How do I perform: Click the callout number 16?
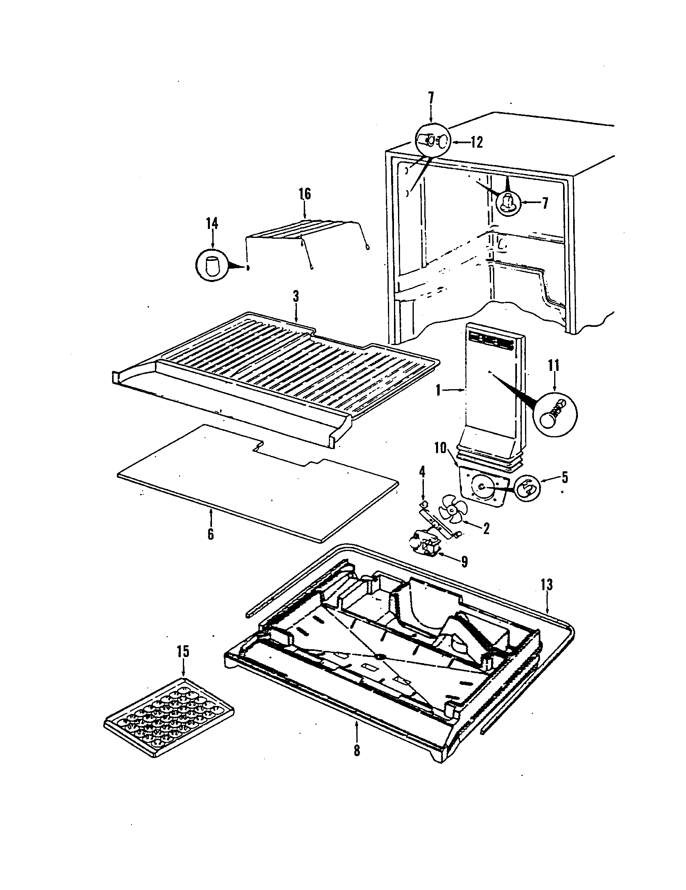304,194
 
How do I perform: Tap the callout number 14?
212,224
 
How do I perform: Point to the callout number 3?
296,297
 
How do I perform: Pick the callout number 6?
210,534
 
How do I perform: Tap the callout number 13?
547,585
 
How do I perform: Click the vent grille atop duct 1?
491,337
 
